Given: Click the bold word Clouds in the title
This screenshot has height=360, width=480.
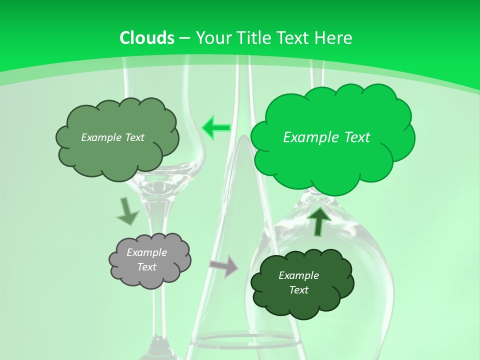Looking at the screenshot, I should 147,38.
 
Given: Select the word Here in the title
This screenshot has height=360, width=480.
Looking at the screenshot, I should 335,38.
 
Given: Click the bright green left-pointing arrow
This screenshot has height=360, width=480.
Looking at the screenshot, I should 215,128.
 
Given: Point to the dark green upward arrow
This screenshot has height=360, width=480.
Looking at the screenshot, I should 319,220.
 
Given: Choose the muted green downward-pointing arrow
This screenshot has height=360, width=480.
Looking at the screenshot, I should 127,211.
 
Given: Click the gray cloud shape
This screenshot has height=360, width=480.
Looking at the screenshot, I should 150,260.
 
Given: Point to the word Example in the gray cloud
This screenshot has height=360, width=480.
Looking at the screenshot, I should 146,252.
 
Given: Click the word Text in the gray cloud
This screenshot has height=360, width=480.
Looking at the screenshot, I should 146,267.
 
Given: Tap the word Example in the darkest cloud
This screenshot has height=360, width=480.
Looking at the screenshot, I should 298,275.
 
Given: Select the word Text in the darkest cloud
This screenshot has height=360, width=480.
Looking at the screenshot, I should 298,290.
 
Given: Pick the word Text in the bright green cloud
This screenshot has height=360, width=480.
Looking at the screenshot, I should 355,137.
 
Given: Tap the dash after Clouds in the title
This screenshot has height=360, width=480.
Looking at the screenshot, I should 184,38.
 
